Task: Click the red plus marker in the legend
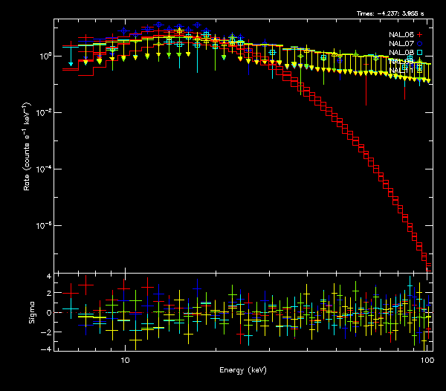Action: [420, 35]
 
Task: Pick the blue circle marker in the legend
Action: [420, 44]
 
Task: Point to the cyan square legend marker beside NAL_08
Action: [420, 53]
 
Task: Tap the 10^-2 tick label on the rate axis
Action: [43, 112]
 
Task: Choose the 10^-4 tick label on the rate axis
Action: [43, 169]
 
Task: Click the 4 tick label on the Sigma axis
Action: [48, 276]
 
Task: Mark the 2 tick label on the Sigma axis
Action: [48, 294]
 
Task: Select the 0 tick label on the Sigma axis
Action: [48, 312]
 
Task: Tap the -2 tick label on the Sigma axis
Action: [47, 331]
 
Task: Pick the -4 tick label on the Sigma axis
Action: [47, 349]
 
